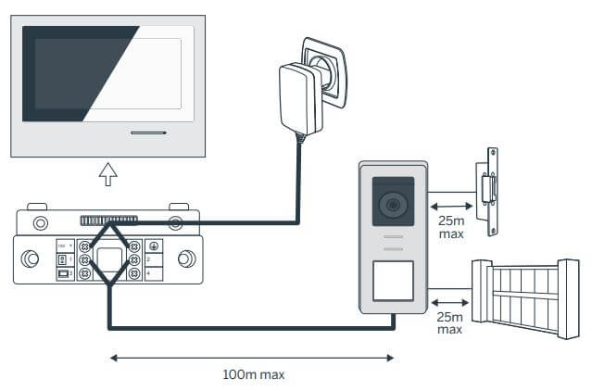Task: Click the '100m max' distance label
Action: click(253, 374)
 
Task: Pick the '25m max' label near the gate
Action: click(449, 323)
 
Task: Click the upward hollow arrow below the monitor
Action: click(108, 173)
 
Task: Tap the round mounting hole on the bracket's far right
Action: click(186, 259)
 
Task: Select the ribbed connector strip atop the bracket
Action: click(108, 221)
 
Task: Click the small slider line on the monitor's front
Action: click(149, 132)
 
